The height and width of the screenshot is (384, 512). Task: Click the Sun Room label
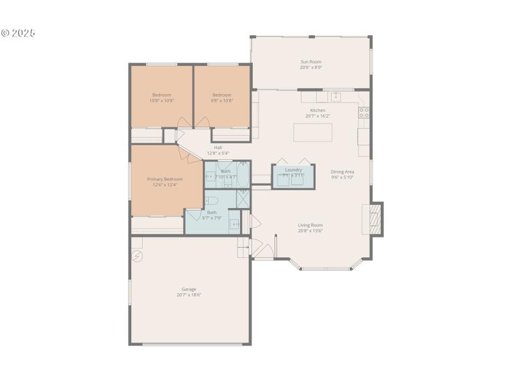tap(311, 62)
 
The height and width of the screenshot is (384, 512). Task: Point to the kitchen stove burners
tap(364, 113)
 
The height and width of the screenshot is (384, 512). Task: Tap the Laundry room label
tap(293, 170)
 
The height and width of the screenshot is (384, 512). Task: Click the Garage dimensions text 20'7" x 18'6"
tap(189, 295)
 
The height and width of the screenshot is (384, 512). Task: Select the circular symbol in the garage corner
tap(137, 256)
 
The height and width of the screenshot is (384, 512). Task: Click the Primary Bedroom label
tap(164, 179)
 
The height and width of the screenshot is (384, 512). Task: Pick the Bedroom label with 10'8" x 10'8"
tap(161, 100)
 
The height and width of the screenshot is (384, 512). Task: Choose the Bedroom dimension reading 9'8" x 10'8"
tap(221, 100)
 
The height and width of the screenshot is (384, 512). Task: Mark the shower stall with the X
tap(243, 198)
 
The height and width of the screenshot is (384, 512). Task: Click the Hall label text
tap(218, 147)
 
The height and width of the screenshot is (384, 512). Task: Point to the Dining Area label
tap(342, 172)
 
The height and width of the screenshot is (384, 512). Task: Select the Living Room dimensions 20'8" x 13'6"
tap(310, 231)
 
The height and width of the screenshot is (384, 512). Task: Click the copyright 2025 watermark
tap(18, 33)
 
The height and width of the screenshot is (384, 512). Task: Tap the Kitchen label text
tap(317, 110)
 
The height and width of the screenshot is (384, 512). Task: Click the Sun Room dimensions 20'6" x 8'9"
tap(311, 67)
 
